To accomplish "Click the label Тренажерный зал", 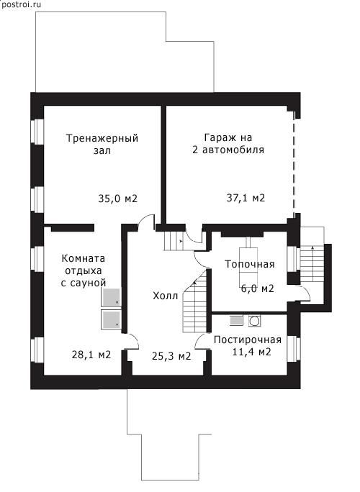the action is coord(102,144).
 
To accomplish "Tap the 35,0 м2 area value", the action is coord(118,199).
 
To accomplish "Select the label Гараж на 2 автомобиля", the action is coord(228,143).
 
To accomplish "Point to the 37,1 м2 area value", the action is coord(246,198).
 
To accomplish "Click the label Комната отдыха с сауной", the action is coord(84,270).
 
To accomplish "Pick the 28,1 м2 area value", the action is coord(91,355).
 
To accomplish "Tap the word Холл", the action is coord(165,296).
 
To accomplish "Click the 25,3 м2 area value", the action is coord(171,356).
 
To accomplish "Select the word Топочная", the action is coord(250,264).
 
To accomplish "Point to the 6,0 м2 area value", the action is coord(258,288).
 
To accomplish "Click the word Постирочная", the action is coord(248,340).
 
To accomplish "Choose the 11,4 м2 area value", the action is coord(251,352).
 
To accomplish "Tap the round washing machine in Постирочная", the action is coord(254,321).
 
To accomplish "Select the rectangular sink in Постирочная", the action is coord(236,320).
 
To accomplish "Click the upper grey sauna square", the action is coord(111,297).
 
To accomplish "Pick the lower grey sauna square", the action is coord(111,319).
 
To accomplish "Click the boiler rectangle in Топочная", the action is coord(249,265).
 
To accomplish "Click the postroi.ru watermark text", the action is coord(21,4).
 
